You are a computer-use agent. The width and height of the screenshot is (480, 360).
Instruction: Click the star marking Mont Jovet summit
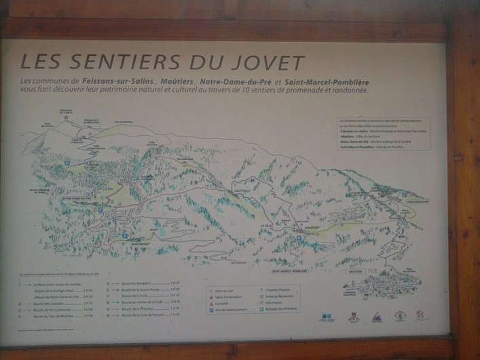click(x=66, y=117)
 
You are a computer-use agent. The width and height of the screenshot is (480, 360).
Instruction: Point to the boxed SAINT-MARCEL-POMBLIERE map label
click(x=289, y=270)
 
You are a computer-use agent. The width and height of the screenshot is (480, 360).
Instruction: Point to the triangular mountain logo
click(x=376, y=317)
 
